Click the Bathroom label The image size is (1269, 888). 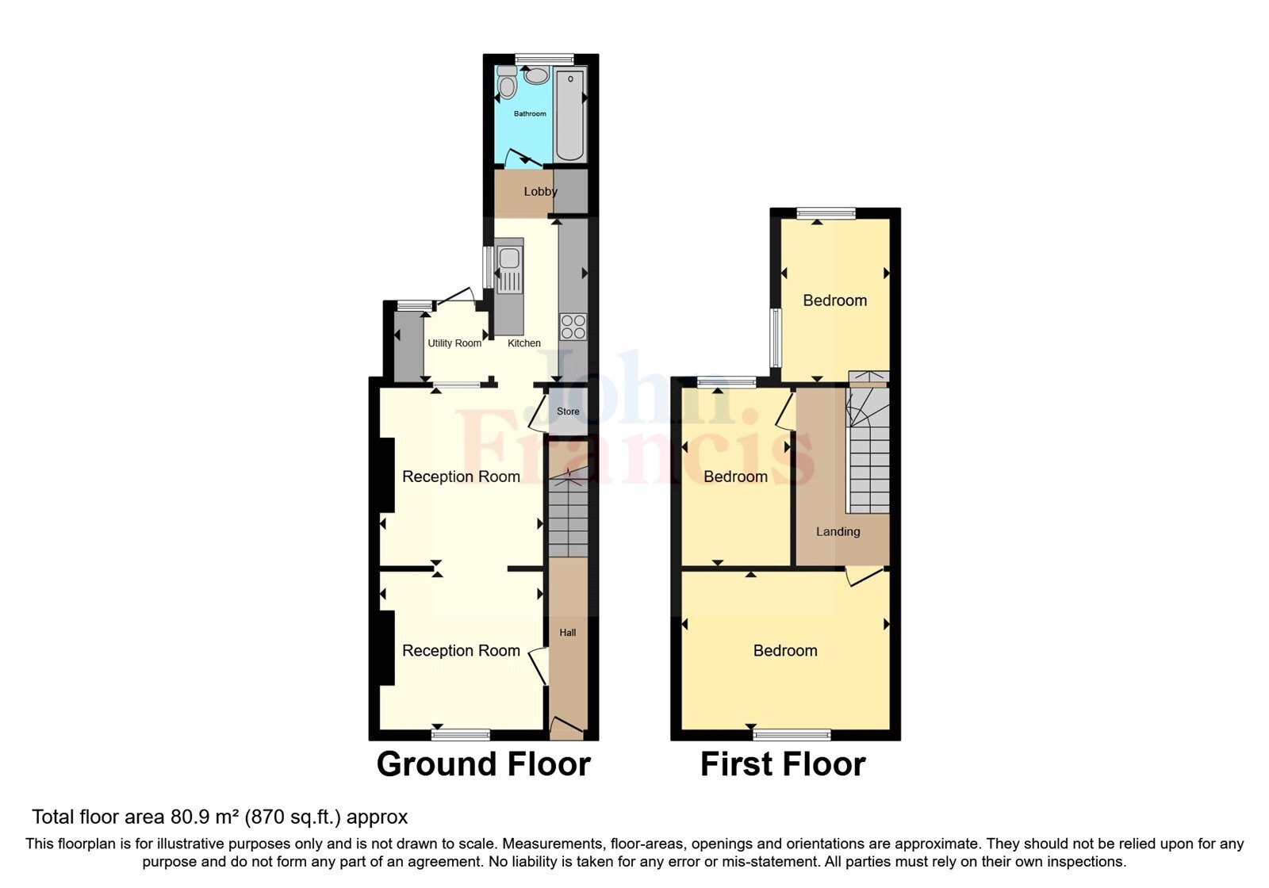point(530,114)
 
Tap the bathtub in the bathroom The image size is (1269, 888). point(569,115)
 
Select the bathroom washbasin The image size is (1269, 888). point(537,76)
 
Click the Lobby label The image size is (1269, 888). point(540,192)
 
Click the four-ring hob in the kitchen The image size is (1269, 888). point(573,327)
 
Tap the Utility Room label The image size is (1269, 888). point(454,343)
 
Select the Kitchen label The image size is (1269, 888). point(524,343)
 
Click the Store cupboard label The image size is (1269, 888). point(568,411)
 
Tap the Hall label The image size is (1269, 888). point(568,633)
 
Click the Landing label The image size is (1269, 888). point(838,532)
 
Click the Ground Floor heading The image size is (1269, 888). point(484,764)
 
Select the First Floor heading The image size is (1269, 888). point(783,764)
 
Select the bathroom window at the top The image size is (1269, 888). point(544,59)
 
